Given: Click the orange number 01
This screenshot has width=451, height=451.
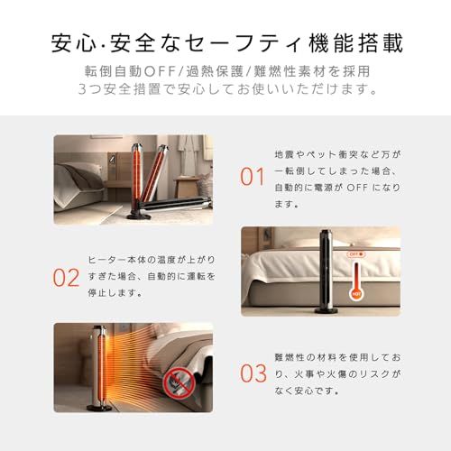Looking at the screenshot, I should pyautogui.click(x=252, y=177).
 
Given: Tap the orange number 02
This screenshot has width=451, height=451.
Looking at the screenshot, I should pyautogui.click(x=67, y=277).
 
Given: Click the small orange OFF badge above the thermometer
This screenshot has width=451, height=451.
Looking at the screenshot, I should pyautogui.click(x=355, y=255).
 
